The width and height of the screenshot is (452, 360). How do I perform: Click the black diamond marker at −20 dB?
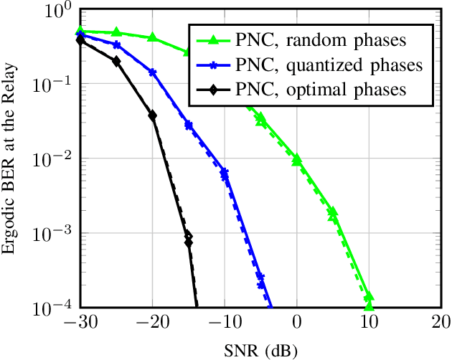152,115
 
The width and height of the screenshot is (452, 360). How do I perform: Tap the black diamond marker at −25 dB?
116,62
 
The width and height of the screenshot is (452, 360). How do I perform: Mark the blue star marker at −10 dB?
225,172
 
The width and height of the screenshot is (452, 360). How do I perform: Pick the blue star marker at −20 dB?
152,72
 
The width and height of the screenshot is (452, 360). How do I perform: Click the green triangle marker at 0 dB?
297,158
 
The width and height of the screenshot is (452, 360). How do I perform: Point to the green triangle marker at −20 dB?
152,37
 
